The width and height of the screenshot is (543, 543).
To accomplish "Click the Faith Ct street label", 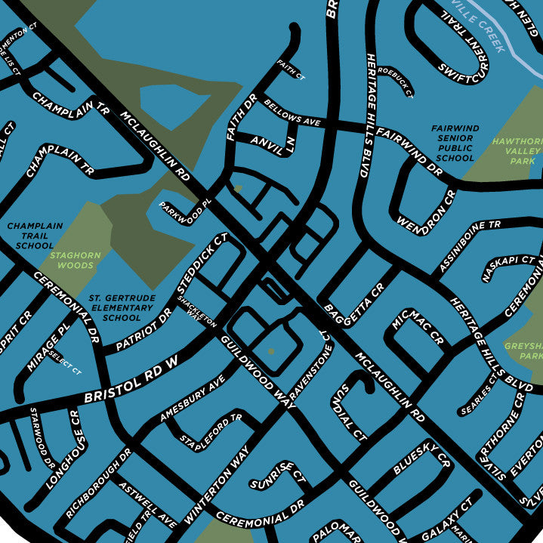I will tap(291, 69).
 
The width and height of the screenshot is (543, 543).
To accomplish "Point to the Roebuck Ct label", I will tap(396, 82).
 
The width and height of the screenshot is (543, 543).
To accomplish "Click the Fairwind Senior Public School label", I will tap(455, 143).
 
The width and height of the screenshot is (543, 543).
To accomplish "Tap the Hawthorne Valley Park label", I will tap(517, 151).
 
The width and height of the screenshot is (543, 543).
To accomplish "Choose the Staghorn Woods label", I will tap(73, 261).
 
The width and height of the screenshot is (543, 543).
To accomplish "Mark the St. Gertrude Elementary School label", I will tap(122, 308).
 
